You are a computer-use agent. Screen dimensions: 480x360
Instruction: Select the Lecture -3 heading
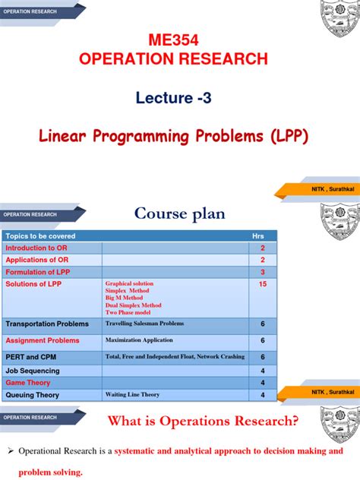(179, 96)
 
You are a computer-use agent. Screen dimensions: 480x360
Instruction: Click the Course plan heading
(180, 214)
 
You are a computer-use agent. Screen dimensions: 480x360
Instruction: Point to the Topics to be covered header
(41, 236)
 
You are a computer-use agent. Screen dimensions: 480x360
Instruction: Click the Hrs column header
(257, 236)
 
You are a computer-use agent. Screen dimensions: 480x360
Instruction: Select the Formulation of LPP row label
(38, 272)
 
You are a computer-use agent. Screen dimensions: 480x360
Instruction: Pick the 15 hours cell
(262, 284)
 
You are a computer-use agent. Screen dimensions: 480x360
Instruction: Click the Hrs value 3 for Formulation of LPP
(262, 272)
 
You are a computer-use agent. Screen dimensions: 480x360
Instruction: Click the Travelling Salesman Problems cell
(144, 324)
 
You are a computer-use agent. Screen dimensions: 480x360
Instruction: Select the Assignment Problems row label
(42, 340)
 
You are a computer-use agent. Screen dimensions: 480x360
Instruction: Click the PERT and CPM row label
(32, 357)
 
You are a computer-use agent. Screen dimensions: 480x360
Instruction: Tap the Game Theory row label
(28, 383)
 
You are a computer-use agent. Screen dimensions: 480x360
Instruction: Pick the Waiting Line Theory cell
(132, 395)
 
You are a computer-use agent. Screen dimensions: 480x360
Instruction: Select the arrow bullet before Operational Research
(11, 451)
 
